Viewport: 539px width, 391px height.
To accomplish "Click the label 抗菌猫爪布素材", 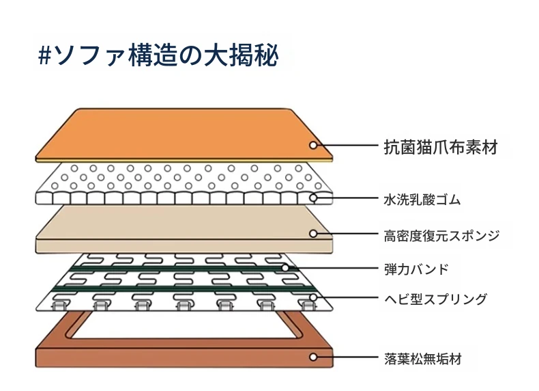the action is [x=441, y=147].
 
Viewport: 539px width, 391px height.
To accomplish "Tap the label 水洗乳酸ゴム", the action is [x=422, y=200].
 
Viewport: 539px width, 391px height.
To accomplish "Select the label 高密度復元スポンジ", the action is [x=441, y=236].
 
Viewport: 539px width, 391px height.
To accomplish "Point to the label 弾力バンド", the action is [x=416, y=269].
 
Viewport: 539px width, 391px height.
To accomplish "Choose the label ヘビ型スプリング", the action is [x=435, y=299].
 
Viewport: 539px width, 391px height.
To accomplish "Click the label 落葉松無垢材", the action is [x=422, y=359].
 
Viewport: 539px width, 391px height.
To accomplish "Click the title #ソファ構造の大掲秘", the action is [x=158, y=55].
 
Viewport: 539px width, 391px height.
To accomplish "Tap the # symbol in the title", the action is [x=44, y=56].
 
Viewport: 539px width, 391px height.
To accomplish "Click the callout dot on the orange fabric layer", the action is [x=312, y=145].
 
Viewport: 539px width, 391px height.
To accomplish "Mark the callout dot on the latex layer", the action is [x=312, y=198].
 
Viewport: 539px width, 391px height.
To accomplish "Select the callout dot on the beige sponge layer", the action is [x=312, y=234].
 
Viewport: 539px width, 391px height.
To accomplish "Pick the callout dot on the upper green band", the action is [x=285, y=267].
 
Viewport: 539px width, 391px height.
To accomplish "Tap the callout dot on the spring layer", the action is [x=312, y=297].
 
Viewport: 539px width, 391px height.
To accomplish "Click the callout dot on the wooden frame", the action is [x=312, y=357].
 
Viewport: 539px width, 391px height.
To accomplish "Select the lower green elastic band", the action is [x=184, y=288].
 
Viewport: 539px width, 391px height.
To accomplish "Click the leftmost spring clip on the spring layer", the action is [x=59, y=305].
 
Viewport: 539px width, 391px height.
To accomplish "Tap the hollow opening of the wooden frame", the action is [x=184, y=325].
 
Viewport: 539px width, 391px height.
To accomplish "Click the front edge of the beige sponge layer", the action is [x=184, y=246].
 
